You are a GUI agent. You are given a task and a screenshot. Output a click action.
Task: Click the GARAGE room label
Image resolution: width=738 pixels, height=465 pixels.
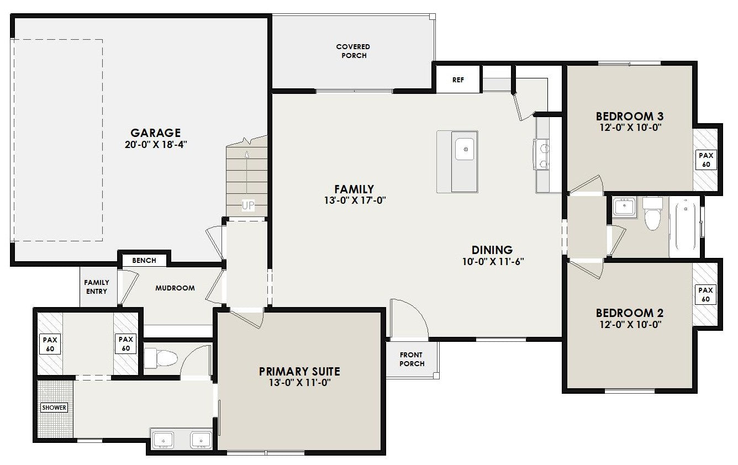click(x=156, y=133)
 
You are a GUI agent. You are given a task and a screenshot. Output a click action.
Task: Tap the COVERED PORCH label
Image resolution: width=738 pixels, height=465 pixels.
click(x=353, y=51)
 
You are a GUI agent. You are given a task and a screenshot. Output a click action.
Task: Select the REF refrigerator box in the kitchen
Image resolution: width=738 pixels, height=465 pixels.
click(x=458, y=80)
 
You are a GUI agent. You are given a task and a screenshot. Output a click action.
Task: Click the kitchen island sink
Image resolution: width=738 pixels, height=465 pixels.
click(x=465, y=149)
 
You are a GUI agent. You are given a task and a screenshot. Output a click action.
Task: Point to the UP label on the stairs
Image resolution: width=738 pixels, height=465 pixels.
click(x=248, y=205)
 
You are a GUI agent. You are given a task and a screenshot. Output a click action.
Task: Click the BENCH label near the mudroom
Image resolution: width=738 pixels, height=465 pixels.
click(x=144, y=260)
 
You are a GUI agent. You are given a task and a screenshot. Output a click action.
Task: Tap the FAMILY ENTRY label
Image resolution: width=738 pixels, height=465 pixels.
click(x=97, y=287)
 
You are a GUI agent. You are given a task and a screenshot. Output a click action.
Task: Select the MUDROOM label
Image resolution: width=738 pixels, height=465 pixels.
click(x=175, y=288)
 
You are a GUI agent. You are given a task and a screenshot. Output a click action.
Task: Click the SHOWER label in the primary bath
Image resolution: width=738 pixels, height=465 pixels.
click(x=54, y=408)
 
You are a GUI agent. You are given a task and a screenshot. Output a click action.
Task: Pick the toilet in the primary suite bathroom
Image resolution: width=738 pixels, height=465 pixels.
click(x=161, y=358)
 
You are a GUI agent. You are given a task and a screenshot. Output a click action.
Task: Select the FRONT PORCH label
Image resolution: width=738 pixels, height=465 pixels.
click(x=412, y=360)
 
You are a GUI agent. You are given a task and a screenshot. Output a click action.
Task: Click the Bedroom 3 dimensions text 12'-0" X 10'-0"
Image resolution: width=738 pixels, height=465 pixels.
click(x=630, y=128)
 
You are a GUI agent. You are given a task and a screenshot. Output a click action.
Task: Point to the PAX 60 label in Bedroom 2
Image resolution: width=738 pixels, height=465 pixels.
click(x=705, y=295)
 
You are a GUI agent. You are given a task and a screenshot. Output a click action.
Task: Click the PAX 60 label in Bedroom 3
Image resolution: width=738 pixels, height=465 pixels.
click(x=706, y=160)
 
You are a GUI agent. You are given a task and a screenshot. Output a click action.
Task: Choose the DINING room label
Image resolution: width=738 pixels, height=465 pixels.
click(x=492, y=250)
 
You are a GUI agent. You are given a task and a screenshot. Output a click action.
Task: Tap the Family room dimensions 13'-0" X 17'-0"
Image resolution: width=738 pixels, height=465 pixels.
click(x=355, y=200)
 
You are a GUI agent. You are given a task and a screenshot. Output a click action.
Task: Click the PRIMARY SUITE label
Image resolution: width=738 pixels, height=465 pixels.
click(x=299, y=372)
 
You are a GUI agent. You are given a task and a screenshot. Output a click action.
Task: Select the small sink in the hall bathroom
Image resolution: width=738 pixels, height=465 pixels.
click(x=624, y=207)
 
